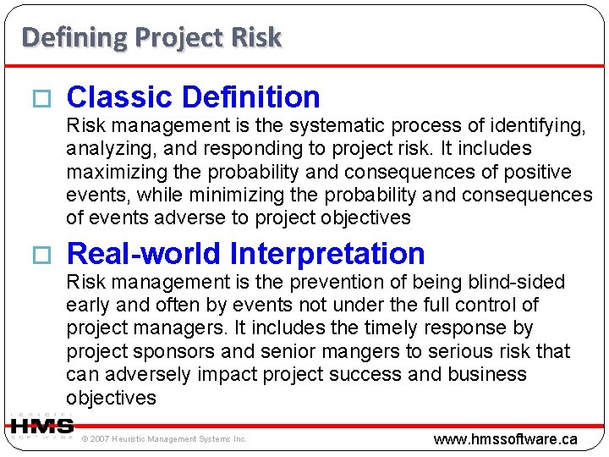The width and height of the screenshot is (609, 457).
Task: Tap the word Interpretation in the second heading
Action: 327,253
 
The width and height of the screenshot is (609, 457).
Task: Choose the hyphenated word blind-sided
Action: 517,282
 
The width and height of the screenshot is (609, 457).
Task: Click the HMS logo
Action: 41,426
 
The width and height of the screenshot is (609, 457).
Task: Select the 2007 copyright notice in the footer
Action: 164,438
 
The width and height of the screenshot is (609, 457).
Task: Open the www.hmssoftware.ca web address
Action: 505,438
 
